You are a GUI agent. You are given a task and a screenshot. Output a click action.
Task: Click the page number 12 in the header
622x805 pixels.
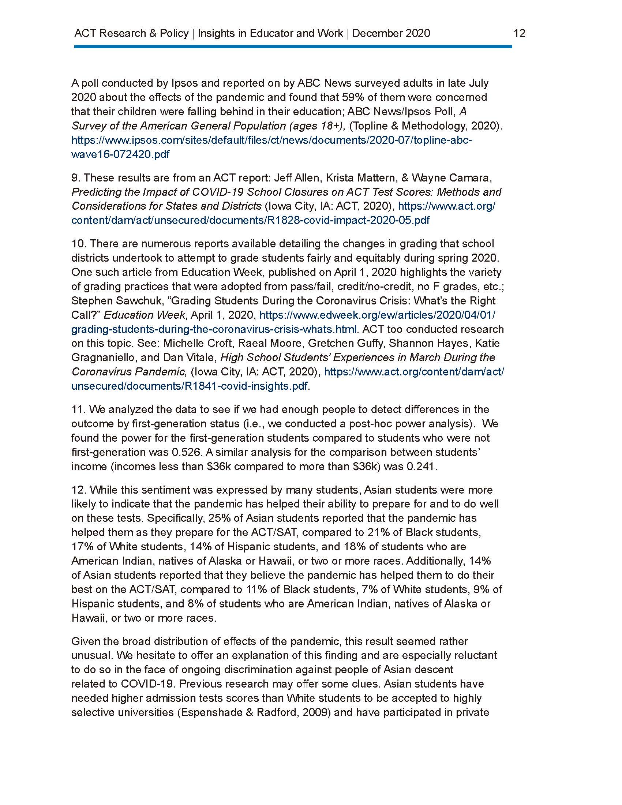click(x=519, y=33)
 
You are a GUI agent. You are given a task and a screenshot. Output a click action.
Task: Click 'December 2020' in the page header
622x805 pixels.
click(x=391, y=33)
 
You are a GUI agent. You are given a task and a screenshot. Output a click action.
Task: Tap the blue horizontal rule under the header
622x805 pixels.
click(x=293, y=47)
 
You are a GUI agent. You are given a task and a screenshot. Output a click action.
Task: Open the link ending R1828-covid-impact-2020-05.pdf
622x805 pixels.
click(x=250, y=220)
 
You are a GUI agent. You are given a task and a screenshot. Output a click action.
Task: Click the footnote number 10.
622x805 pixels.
click(x=79, y=244)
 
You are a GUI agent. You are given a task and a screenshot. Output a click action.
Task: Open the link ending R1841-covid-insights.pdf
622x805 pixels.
click(x=190, y=386)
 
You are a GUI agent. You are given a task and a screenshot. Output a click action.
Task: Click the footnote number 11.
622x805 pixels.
click(x=78, y=409)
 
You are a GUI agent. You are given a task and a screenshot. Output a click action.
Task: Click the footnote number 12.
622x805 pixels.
click(x=79, y=490)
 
